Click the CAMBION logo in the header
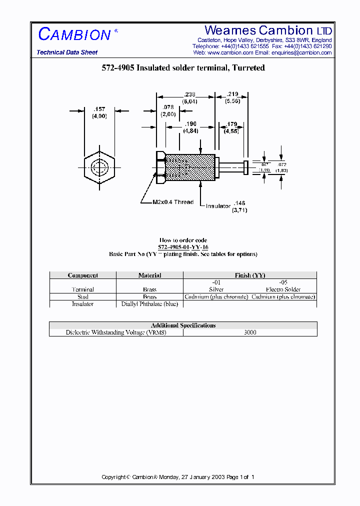click(74, 34)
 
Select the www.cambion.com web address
click(230, 52)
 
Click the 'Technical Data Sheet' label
click(67, 52)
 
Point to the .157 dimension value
click(99, 109)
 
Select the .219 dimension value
click(232, 94)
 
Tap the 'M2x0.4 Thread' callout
click(173, 202)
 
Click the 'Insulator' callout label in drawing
click(218, 205)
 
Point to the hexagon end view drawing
click(99, 167)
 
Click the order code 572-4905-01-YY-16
click(183, 247)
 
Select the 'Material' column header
click(149, 275)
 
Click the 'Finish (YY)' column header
click(250, 275)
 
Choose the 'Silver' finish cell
click(216, 289)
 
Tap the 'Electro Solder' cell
click(283, 289)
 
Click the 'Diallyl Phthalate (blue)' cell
click(149, 304)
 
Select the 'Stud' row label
click(82, 297)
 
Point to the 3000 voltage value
click(250, 332)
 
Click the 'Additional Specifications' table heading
click(183, 325)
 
